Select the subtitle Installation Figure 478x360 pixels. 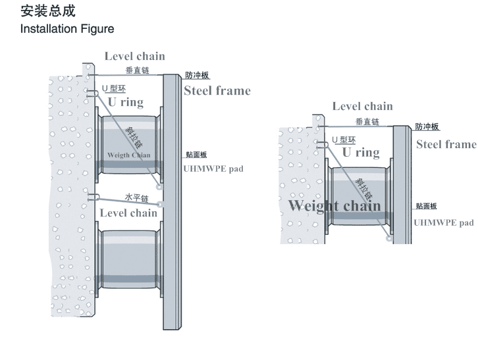[67, 29]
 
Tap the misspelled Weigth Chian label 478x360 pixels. [129, 155]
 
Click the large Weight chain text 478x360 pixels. [334, 205]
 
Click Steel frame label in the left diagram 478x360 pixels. [217, 90]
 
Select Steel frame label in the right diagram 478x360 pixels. [446, 144]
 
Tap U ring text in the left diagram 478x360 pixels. [126, 102]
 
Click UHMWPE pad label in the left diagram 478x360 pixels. [213, 168]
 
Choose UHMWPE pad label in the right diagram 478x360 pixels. [443, 222]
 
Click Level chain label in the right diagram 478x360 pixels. [362, 106]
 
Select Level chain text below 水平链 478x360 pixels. [128, 213]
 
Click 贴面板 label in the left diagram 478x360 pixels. [196, 155]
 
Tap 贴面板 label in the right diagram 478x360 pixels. [426, 207]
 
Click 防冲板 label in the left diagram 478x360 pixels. [197, 76]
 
